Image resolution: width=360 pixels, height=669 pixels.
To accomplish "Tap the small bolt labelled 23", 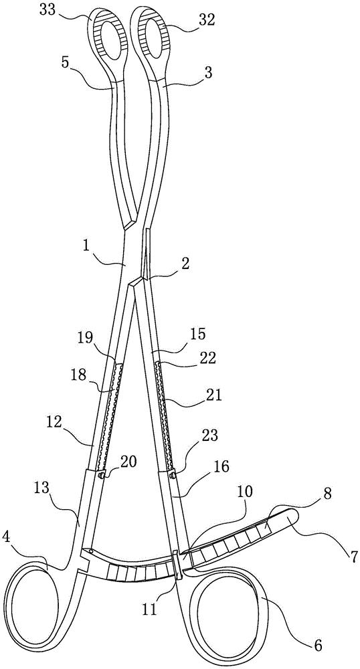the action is pyautogui.click(x=173, y=474).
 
